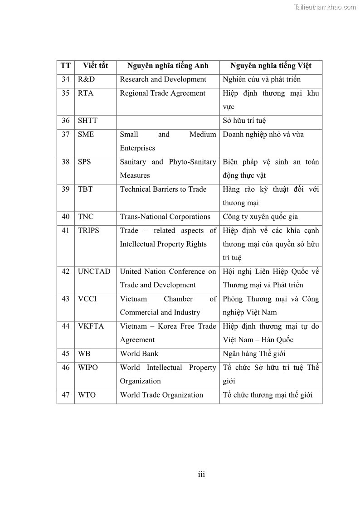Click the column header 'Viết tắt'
click(95, 66)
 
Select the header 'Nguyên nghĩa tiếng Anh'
click(168, 66)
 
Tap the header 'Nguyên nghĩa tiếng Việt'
click(271, 66)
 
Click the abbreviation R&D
click(86, 79)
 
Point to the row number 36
click(66, 121)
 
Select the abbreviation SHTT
click(88, 121)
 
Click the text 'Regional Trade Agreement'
click(162, 93)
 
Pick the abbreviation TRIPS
click(88, 230)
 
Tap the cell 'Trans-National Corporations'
click(165, 217)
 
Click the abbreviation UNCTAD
click(94, 271)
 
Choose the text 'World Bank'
click(139, 354)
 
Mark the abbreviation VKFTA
click(91, 326)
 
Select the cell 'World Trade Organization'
click(161, 395)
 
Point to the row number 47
click(66, 395)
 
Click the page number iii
click(202, 475)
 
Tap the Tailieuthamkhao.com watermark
click(325, 7)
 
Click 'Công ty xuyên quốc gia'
click(260, 217)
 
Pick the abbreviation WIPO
click(88, 368)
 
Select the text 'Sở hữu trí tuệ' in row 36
click(244, 121)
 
